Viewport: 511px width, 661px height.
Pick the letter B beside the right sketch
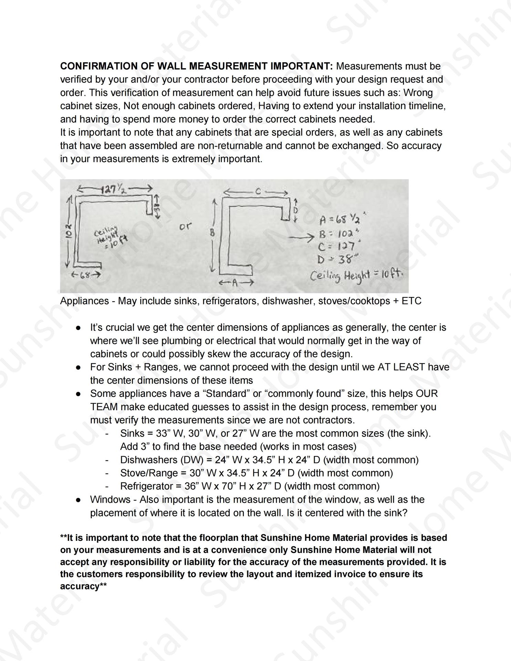click(212, 233)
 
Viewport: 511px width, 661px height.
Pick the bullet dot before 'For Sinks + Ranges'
click(79, 367)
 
